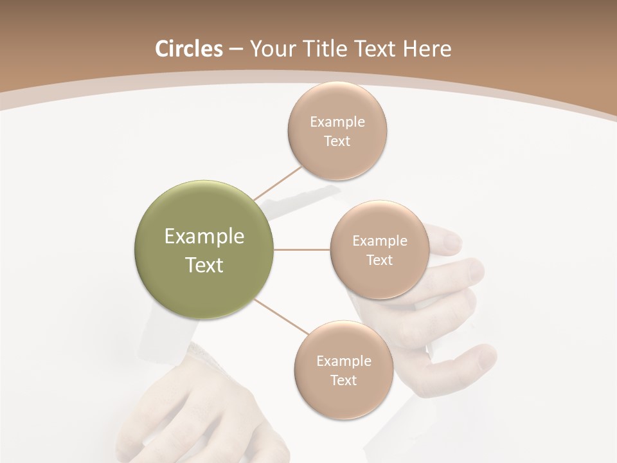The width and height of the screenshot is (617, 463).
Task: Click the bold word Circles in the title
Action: pyautogui.click(x=189, y=49)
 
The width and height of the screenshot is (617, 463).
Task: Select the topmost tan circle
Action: pyautogui.click(x=337, y=103)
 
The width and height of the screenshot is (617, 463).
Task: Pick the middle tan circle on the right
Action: pyautogui.click(x=379, y=283)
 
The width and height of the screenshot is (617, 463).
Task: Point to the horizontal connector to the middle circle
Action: pyautogui.click(x=301, y=250)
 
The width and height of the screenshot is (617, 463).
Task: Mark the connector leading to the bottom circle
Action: pyautogui.click(x=281, y=316)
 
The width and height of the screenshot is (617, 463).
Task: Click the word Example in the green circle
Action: pyautogui.click(x=204, y=237)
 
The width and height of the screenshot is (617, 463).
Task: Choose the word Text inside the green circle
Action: pyautogui.click(x=204, y=265)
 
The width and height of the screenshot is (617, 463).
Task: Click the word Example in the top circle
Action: pyautogui.click(x=337, y=122)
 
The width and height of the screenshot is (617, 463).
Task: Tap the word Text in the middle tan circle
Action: pyautogui.click(x=379, y=260)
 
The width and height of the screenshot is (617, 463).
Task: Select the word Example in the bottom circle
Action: pyautogui.click(x=344, y=361)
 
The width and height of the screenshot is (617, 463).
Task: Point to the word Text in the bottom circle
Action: pyautogui.click(x=343, y=381)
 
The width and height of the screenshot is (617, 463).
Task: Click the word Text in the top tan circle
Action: pyautogui.click(x=337, y=141)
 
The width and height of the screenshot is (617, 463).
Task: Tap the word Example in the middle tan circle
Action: pyautogui.click(x=380, y=241)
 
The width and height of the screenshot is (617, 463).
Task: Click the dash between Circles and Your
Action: pyautogui.click(x=236, y=50)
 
